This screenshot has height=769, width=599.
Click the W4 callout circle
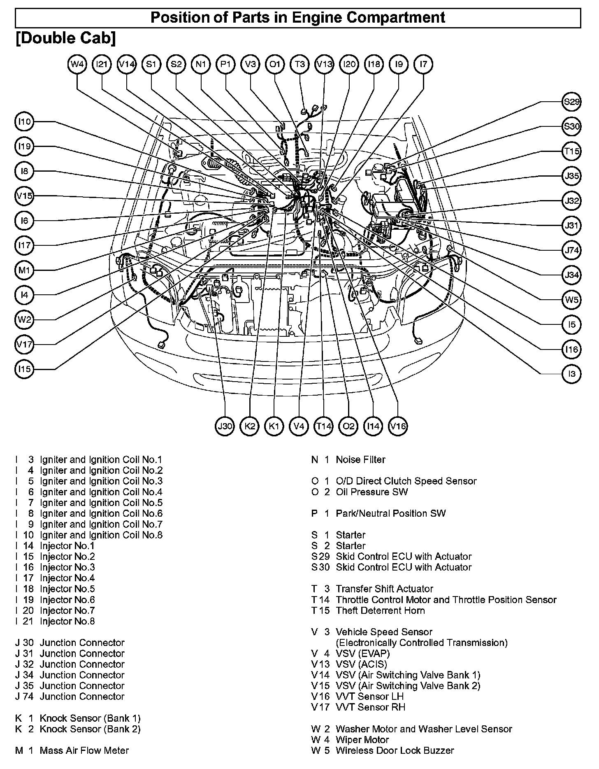(77, 64)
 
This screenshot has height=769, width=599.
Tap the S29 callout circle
(571, 102)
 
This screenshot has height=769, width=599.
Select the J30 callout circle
(225, 426)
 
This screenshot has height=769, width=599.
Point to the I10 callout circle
(25, 122)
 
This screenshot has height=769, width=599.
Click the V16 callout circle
(398, 426)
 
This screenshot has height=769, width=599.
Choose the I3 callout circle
(571, 374)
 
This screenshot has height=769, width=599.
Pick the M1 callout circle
(25, 270)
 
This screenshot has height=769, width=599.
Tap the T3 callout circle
(300, 64)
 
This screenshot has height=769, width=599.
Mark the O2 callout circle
(348, 426)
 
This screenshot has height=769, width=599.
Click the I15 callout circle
(25, 369)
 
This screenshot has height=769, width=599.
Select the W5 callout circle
(571, 300)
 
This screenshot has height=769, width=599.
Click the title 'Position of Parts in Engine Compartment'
(298, 18)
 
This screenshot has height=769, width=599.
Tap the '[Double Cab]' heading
(66, 38)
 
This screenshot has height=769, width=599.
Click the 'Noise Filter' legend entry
(360, 459)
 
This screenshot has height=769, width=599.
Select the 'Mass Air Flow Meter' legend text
(84, 750)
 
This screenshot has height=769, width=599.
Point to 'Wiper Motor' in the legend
(362, 740)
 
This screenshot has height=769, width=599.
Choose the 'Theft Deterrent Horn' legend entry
(380, 611)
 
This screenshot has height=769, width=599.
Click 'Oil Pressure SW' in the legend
(371, 492)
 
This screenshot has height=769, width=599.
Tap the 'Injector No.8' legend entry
(67, 621)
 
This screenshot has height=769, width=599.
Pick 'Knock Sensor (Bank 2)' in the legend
(90, 729)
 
